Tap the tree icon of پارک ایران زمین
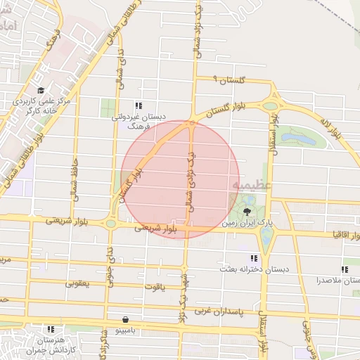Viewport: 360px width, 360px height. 247,212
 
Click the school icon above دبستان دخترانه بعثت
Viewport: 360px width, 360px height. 254,259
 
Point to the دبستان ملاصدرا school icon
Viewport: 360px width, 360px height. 345,269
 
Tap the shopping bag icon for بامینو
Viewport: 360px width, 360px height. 125,319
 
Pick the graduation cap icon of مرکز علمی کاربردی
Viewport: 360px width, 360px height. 41,91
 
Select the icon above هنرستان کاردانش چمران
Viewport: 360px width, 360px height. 49,328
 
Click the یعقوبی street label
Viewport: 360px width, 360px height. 78,284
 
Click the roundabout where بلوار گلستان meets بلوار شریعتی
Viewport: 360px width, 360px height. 110,224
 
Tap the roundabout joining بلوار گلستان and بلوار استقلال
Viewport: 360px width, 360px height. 269,106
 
